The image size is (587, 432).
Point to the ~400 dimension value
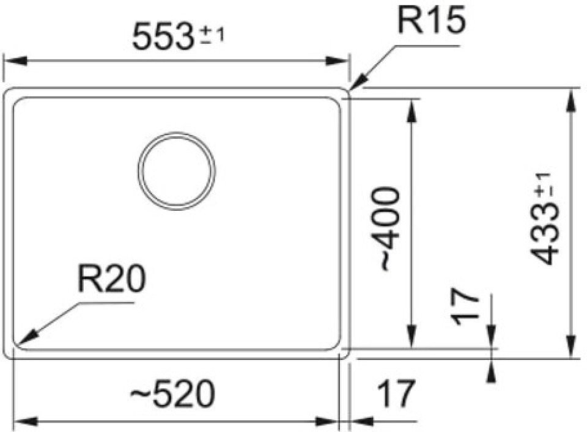click(x=389, y=229)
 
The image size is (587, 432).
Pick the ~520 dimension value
click(x=172, y=394)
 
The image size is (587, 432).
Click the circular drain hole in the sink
click(x=177, y=171)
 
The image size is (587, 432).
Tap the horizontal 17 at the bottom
click(x=396, y=394)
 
